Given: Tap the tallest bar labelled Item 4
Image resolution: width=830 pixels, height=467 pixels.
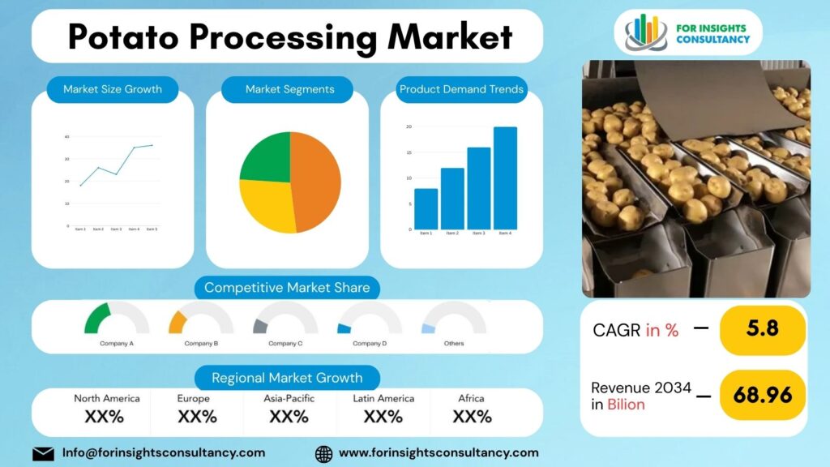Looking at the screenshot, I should [x=505, y=178].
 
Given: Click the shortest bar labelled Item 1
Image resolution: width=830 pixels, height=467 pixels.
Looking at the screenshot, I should [x=426, y=208].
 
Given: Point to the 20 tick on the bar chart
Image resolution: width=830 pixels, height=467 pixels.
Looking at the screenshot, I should [x=409, y=126].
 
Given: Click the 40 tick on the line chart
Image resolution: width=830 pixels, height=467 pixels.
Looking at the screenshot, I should [x=66, y=136].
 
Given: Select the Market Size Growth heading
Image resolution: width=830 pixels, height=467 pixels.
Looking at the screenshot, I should [x=113, y=89].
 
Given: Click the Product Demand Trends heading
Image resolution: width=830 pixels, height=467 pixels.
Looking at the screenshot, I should [x=461, y=89].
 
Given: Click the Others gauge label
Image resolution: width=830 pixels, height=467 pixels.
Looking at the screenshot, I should [x=454, y=343].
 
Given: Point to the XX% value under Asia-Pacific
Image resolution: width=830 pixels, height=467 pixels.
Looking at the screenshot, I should [x=289, y=417].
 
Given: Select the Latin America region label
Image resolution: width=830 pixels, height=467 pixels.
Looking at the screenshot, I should [x=383, y=398].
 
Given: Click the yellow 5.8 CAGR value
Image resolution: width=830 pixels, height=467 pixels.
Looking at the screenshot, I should [x=762, y=330].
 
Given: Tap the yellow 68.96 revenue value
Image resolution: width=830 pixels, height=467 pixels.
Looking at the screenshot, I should [x=762, y=395].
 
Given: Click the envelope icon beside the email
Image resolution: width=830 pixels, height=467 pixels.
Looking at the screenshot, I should [x=43, y=453].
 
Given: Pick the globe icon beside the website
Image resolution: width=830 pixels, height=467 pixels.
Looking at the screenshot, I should [x=323, y=453].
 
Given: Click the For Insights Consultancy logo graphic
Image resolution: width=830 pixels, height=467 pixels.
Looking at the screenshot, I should [x=647, y=32].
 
